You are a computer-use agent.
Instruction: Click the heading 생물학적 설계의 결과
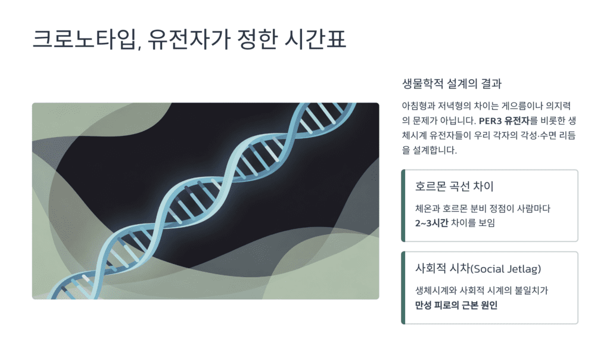click(456, 83)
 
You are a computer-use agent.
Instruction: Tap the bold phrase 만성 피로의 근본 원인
click(456, 305)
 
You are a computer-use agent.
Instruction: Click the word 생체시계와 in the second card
click(437, 291)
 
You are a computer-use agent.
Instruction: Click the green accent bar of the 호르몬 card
click(403, 206)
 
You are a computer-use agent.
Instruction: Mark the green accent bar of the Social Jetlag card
click(403, 288)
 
